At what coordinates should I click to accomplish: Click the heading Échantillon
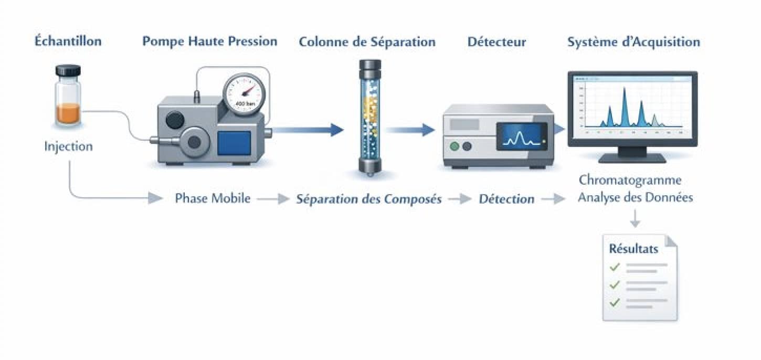[x=68, y=41]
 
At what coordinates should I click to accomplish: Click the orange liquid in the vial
[x=69, y=113]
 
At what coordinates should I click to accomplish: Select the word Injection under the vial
[x=68, y=146]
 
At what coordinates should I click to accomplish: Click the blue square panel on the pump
[x=234, y=143]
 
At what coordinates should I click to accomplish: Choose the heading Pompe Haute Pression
[x=210, y=41]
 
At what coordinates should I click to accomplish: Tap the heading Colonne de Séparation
[x=367, y=41]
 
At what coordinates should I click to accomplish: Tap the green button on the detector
[x=455, y=146]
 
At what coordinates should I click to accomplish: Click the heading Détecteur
[x=496, y=41]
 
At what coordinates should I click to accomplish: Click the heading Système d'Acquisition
[x=633, y=41]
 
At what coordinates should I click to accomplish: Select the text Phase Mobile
[x=213, y=199]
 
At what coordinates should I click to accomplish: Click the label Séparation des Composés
[x=369, y=199]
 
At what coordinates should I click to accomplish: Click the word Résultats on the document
[x=633, y=249]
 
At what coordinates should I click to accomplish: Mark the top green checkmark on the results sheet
[x=615, y=267]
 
